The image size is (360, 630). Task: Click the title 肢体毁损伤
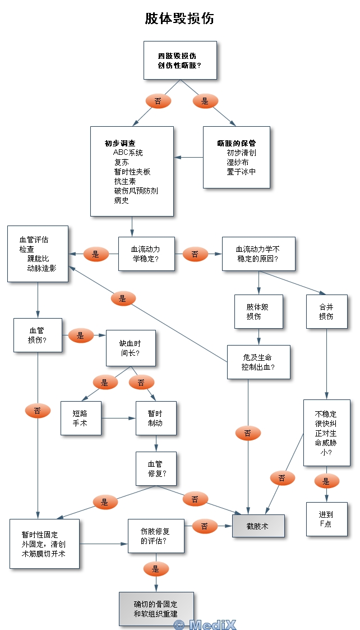point(179,19)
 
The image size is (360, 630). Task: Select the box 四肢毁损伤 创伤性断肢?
point(179,61)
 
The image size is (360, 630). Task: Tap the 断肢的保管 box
point(237,157)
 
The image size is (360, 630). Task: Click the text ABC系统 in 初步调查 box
point(128,153)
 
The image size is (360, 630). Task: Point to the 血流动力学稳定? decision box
point(146,254)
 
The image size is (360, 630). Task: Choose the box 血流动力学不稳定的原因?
point(259,254)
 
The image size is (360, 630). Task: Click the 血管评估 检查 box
point(38,254)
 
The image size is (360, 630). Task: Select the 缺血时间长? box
point(131,348)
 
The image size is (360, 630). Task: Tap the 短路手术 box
point(81,418)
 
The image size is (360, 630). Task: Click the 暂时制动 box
point(155,418)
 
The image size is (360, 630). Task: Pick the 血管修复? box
point(155,469)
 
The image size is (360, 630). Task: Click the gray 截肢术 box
point(259,526)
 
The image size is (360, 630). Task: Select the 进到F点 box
point(326,519)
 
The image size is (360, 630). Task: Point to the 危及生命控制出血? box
point(259,362)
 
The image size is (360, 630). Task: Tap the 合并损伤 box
point(326,311)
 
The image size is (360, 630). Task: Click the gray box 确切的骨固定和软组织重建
point(156,609)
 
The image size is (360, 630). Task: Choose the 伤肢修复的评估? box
point(155,536)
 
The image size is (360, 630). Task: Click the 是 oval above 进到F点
point(326,481)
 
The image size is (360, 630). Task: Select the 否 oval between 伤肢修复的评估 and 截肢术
point(205,526)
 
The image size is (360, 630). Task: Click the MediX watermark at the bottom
point(205,624)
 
